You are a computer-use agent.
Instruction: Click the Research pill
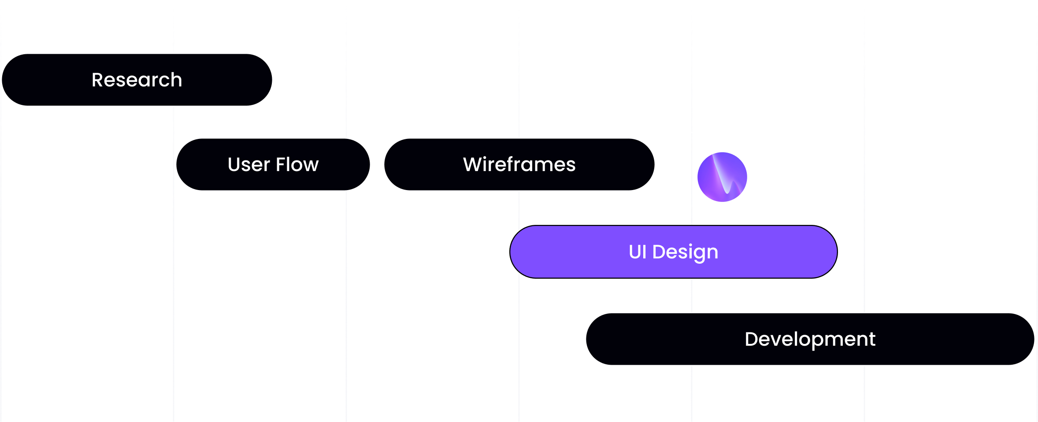tap(137, 80)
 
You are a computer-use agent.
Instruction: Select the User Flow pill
tap(273, 164)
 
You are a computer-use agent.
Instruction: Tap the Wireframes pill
tap(519, 164)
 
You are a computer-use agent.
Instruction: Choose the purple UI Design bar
tap(673, 252)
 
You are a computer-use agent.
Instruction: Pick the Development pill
tap(810, 339)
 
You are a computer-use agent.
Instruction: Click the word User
tap(248, 165)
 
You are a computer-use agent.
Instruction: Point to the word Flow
tap(297, 165)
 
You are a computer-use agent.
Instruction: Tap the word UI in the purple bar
tap(638, 252)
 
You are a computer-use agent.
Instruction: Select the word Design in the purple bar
tap(685, 252)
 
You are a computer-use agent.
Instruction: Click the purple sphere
tap(722, 177)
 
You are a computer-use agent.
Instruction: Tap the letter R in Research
tap(97, 80)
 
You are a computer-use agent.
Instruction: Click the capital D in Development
tap(752, 340)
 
